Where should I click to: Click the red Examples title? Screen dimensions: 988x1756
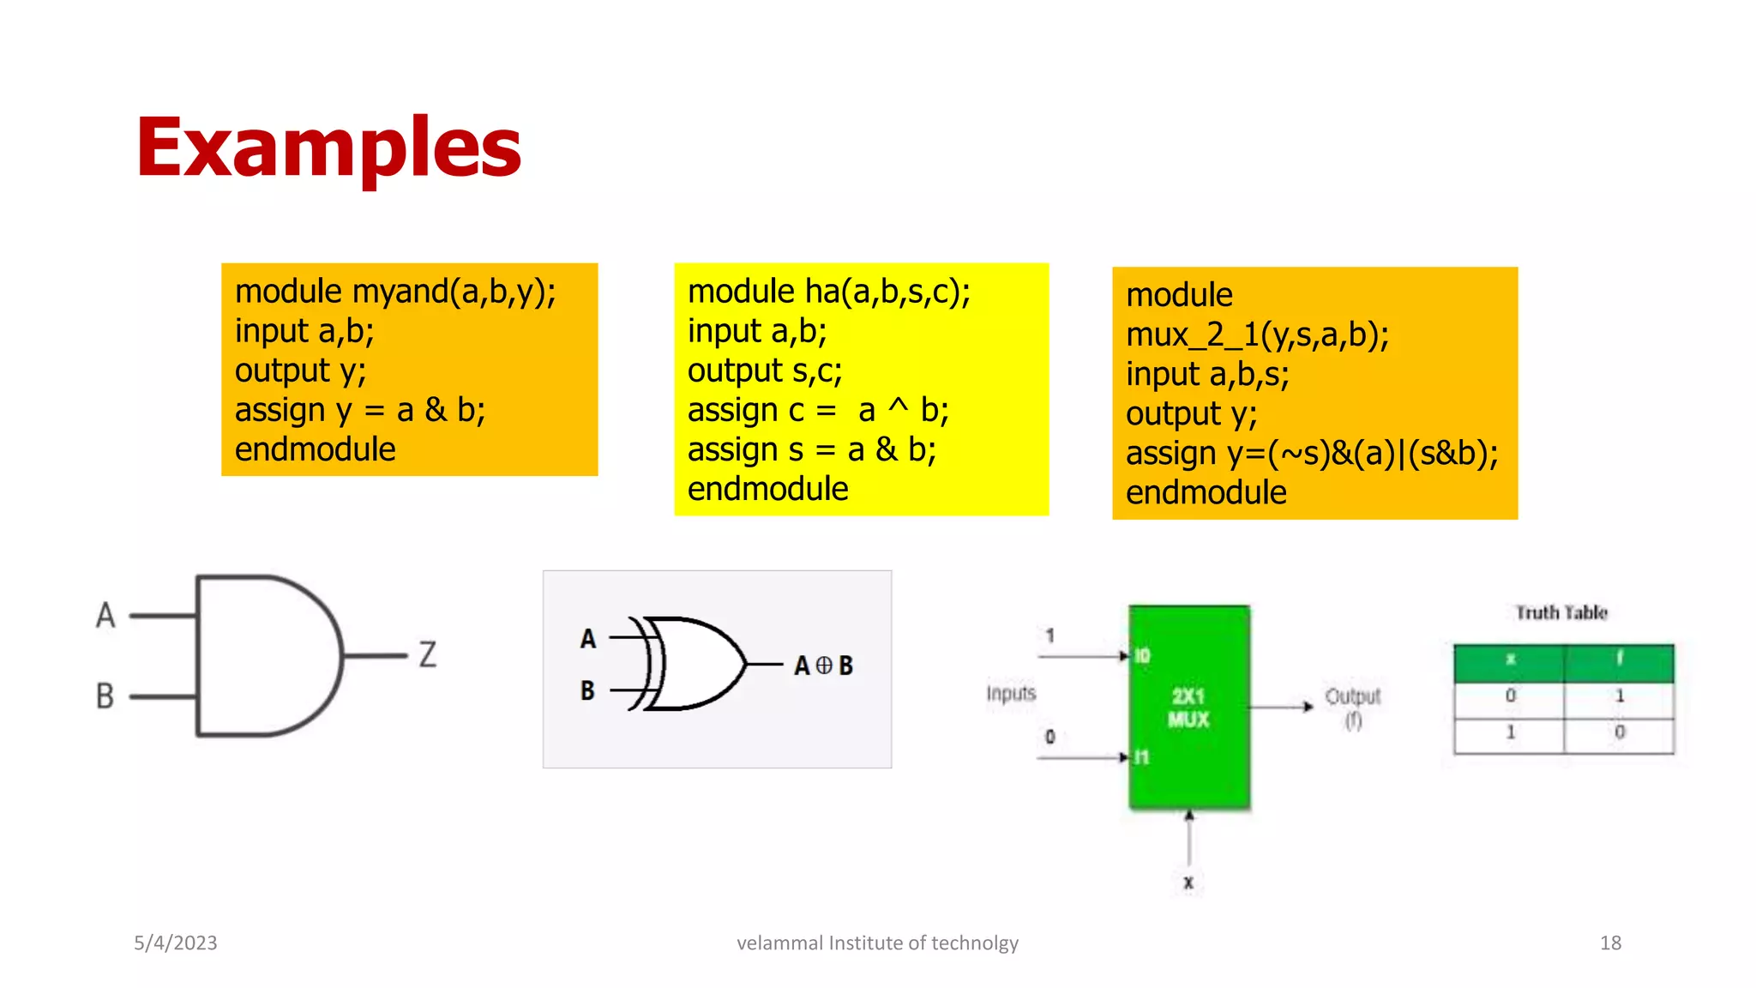[x=328, y=148]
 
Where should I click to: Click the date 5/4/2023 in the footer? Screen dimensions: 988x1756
[x=176, y=943]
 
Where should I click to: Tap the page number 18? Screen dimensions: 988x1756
[x=1610, y=943]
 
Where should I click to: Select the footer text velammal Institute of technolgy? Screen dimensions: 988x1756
[x=877, y=943]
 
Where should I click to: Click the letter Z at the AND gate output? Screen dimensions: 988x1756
[x=428, y=654]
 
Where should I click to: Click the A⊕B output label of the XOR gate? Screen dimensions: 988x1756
[x=823, y=666]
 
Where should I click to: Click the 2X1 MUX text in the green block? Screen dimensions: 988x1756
[x=1188, y=708]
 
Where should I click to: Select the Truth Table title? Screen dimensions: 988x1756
[x=1561, y=612]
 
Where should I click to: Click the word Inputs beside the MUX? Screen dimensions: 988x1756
[x=1011, y=693]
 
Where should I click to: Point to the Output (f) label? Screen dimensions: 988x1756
[x=1352, y=707]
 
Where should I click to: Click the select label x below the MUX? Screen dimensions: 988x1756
[x=1188, y=883]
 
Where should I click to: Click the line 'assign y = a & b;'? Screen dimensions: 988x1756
[x=360, y=410]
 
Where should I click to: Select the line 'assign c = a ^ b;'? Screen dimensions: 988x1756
[x=818, y=410]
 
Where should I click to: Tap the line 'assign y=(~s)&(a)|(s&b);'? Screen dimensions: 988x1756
[x=1312, y=453]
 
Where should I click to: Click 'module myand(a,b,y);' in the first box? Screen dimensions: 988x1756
[x=395, y=292]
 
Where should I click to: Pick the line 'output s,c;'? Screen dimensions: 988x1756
[x=765, y=370]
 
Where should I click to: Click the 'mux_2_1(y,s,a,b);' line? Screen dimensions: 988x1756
[x=1257, y=334]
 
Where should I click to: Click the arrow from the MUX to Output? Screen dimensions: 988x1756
[x=1282, y=707]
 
